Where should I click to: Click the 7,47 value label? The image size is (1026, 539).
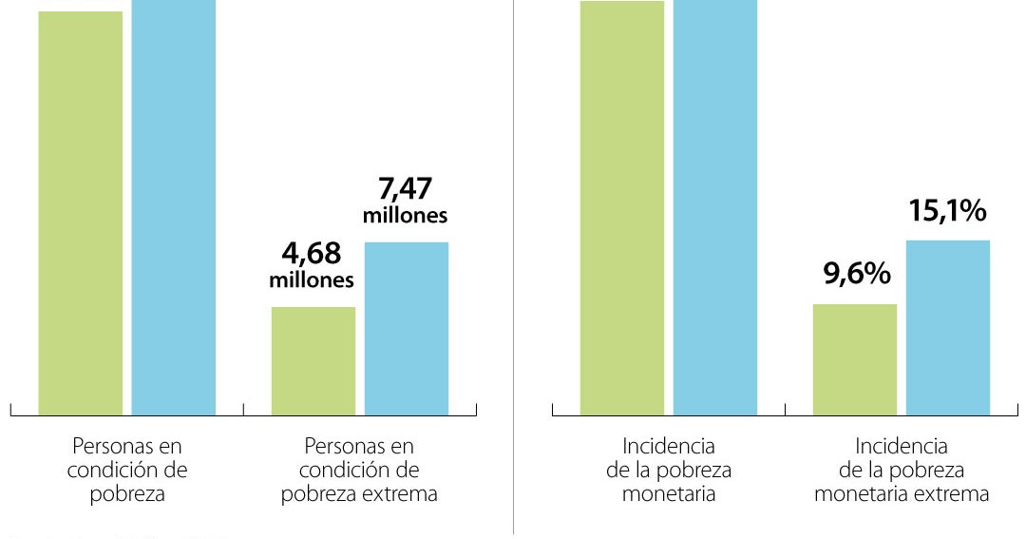[406, 188]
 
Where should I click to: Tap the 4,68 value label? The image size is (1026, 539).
[312, 254]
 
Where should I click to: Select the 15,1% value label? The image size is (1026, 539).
[948, 212]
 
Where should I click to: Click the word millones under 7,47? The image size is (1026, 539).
[406, 216]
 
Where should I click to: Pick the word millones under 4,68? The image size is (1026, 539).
[312, 280]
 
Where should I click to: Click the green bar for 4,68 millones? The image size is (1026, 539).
[313, 361]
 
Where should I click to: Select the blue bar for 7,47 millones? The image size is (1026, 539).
[407, 329]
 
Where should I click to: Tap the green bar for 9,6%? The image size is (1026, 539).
[855, 359]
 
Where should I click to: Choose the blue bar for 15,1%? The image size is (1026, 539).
[948, 328]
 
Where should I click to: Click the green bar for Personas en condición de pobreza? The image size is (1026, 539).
[81, 213]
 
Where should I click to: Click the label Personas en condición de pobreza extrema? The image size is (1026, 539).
[359, 471]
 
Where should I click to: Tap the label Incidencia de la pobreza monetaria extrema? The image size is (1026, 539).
[902, 471]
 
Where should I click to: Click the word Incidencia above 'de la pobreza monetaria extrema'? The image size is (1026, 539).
[902, 446]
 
